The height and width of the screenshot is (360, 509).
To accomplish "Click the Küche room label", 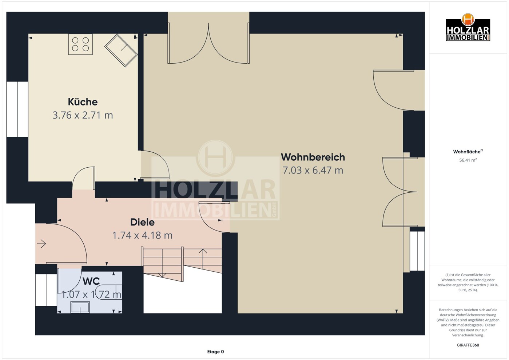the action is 83,102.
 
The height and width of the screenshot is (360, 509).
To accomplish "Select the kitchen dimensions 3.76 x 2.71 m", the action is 83,115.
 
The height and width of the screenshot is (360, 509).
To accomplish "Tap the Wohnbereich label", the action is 313,157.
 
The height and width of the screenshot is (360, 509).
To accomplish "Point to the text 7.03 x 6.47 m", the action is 313,170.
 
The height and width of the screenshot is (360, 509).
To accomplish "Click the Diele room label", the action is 143,222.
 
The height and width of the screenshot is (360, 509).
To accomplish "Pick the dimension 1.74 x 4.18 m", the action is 143,235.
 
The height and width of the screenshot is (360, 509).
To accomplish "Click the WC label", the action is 91,281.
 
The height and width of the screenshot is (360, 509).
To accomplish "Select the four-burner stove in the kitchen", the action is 80,44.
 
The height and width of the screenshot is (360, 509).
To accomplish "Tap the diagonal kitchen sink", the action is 121,51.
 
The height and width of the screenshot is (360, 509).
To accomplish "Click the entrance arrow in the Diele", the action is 41,244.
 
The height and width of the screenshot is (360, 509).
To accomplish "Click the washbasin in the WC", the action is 80,307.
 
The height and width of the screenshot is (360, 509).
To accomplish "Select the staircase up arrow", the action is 203,259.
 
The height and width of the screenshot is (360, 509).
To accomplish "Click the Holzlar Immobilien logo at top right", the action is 468,27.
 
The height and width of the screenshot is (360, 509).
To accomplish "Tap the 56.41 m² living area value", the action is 468,160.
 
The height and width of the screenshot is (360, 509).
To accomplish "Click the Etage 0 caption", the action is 215,352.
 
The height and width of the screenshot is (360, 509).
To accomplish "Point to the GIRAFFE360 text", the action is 468,345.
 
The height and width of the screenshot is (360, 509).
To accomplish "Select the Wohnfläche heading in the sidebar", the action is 468,152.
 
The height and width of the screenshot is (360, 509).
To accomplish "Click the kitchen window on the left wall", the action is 17,109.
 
